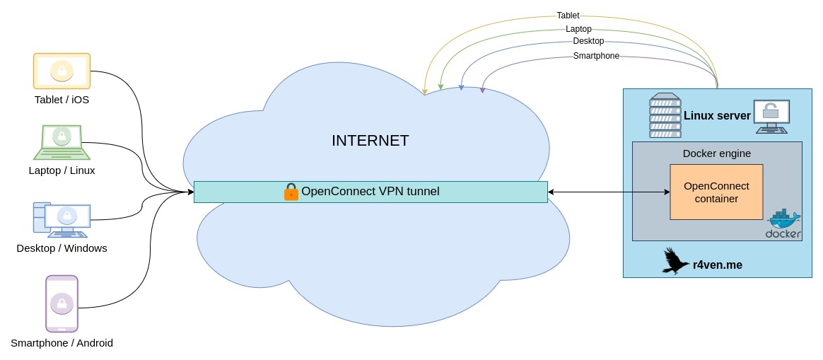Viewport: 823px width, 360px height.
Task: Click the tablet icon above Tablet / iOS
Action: click(x=62, y=71)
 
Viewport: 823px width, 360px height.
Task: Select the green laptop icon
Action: click(x=62, y=142)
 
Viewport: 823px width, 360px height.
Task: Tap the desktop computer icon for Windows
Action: click(x=62, y=219)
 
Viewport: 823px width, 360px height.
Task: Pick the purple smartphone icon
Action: click(x=62, y=303)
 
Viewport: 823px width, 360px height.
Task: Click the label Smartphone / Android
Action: click(x=62, y=343)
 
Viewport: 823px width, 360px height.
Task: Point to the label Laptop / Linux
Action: click(x=62, y=170)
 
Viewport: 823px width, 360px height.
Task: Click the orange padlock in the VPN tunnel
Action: click(x=291, y=192)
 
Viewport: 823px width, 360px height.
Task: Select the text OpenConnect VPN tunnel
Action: click(x=370, y=191)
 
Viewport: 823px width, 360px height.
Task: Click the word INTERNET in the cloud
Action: click(x=370, y=141)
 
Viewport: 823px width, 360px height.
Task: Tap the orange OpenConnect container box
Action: click(x=716, y=192)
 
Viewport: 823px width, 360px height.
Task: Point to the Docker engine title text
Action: click(x=716, y=153)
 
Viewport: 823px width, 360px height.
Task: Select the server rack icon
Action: click(x=665, y=115)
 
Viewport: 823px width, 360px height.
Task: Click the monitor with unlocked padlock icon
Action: click(x=771, y=116)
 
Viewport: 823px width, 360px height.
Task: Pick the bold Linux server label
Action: click(x=717, y=115)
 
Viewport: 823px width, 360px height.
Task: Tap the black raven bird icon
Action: click(x=675, y=261)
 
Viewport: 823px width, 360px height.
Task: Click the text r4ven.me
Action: click(x=718, y=265)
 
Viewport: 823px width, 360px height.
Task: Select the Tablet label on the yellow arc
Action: click(x=568, y=15)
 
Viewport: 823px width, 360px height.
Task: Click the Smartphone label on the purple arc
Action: click(x=596, y=56)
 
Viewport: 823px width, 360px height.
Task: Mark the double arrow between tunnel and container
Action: click(x=609, y=192)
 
